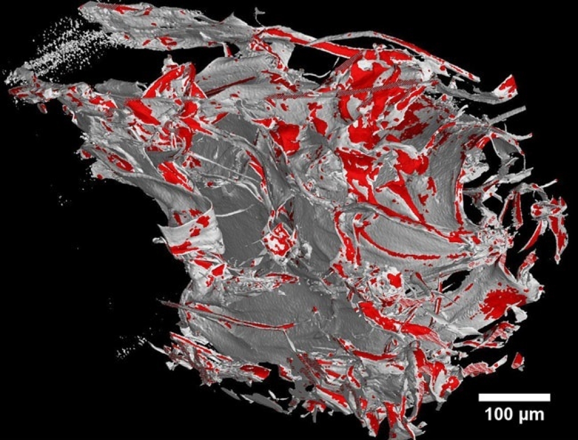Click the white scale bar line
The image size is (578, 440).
click(514, 398)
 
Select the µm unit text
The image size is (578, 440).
click(533, 416)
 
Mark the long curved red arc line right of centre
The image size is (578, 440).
click(395, 249)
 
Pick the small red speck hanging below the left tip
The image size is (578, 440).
click(43, 107)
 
